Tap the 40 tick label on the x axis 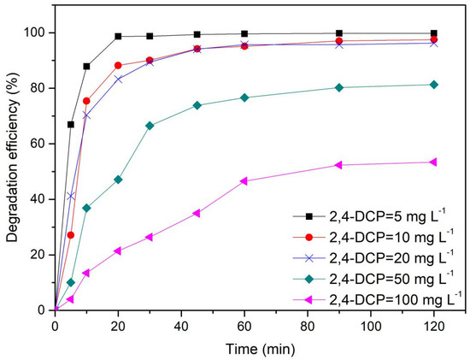tap(181, 326)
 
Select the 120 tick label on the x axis tap(434, 326)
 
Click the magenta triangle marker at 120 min tap(434, 162)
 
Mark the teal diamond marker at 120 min tap(434, 84)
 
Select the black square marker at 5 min tap(71, 124)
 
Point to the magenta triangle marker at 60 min tap(244, 180)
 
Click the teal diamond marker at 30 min tap(150, 126)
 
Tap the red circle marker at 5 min tap(71, 234)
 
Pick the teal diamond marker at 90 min tap(339, 87)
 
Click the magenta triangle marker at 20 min tap(118, 251)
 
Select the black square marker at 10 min tap(86, 66)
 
